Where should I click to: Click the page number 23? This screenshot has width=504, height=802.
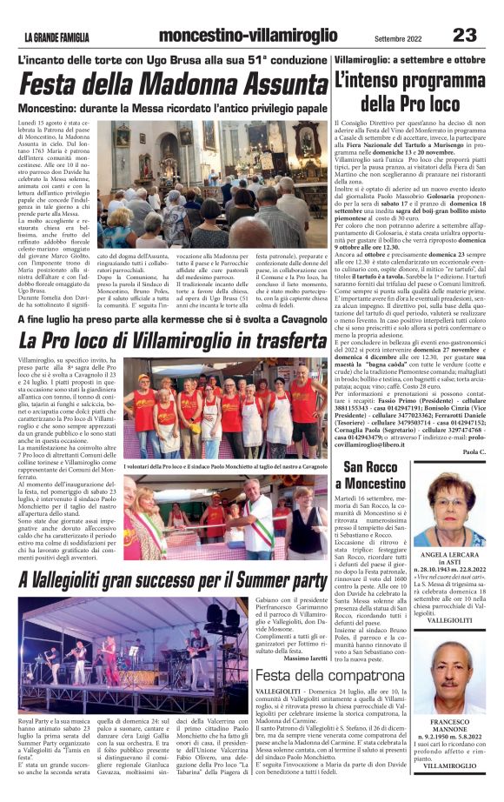(464, 35)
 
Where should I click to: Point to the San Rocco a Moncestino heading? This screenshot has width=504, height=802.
(369, 475)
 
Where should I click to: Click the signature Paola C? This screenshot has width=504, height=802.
(474, 451)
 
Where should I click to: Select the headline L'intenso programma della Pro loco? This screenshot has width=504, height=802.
(408, 92)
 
